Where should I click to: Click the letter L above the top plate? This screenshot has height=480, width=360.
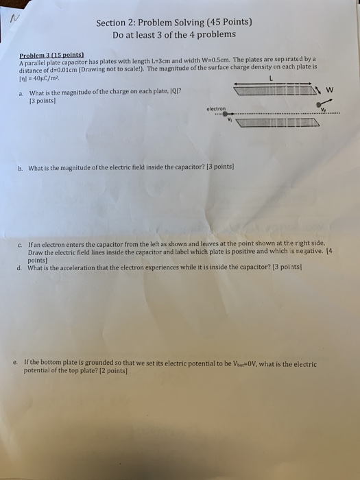(272, 80)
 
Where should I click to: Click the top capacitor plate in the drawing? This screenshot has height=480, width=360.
(274, 90)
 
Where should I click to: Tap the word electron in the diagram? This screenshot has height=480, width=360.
(217, 108)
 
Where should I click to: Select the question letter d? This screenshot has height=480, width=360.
(21, 268)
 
